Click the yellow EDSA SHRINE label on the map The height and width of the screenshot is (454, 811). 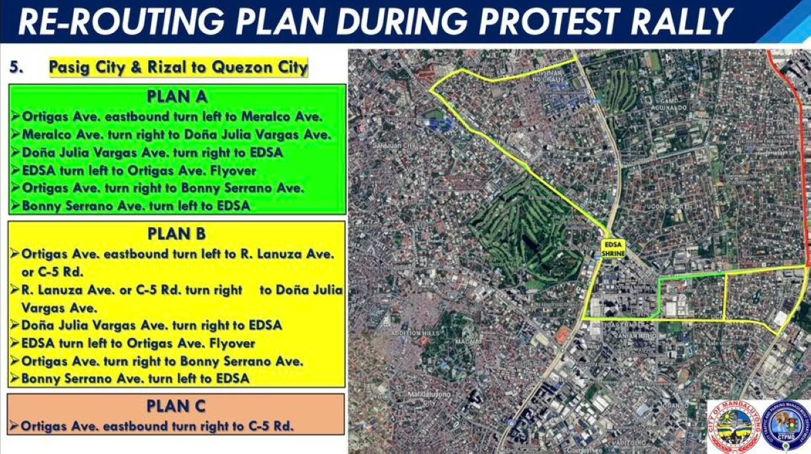614,248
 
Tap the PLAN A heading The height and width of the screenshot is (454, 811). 177,96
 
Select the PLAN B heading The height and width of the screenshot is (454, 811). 177,234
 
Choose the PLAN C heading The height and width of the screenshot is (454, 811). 177,406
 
